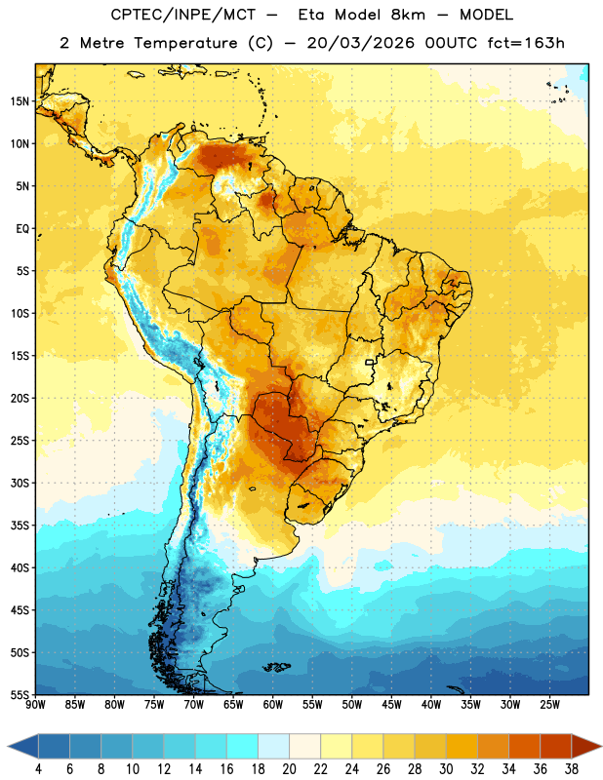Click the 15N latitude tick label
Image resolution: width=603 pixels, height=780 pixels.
20,101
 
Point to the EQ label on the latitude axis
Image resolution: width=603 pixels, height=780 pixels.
22,229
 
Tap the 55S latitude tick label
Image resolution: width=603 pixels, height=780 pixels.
20,694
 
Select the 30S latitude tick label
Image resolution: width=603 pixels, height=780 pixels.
20,483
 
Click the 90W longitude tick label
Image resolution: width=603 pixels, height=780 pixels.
35,704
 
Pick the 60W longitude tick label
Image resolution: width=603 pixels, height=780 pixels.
273,704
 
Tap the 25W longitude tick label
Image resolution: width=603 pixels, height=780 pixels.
549,704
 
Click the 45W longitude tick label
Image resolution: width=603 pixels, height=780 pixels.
391,704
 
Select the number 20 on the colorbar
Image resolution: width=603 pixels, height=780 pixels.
289,769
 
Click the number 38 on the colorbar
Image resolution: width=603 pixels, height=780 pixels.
572,769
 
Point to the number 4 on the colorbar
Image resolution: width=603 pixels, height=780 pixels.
38,769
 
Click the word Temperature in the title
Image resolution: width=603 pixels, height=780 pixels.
185,43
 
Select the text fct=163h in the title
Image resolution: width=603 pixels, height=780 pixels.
526,43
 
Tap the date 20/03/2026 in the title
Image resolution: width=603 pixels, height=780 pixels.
360,43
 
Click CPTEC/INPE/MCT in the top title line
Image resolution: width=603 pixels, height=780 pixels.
182,15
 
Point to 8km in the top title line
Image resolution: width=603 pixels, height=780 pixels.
408,15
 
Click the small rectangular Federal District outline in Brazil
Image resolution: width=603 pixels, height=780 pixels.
370,362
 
